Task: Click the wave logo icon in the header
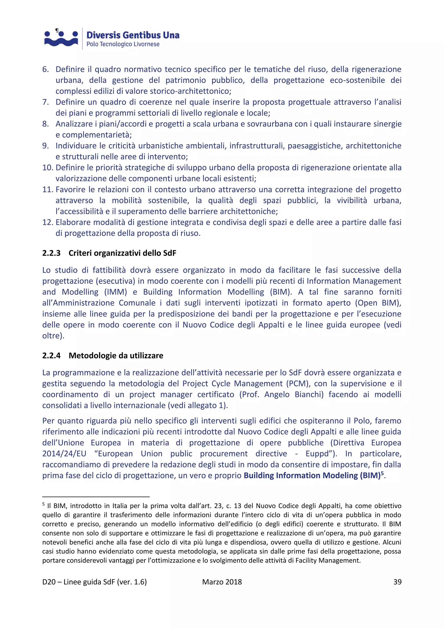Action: [61, 38]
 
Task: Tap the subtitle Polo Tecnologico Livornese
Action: [123, 44]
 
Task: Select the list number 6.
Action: [45, 69]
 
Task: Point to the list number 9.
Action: [45, 146]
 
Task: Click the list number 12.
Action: [47, 222]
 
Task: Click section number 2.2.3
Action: [51, 253]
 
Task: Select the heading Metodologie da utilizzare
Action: [116, 356]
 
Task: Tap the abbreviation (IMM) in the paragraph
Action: [116, 292]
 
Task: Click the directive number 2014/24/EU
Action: [64, 454]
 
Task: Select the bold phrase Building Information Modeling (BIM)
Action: [312, 476]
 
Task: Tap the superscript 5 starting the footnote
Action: [44, 504]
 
